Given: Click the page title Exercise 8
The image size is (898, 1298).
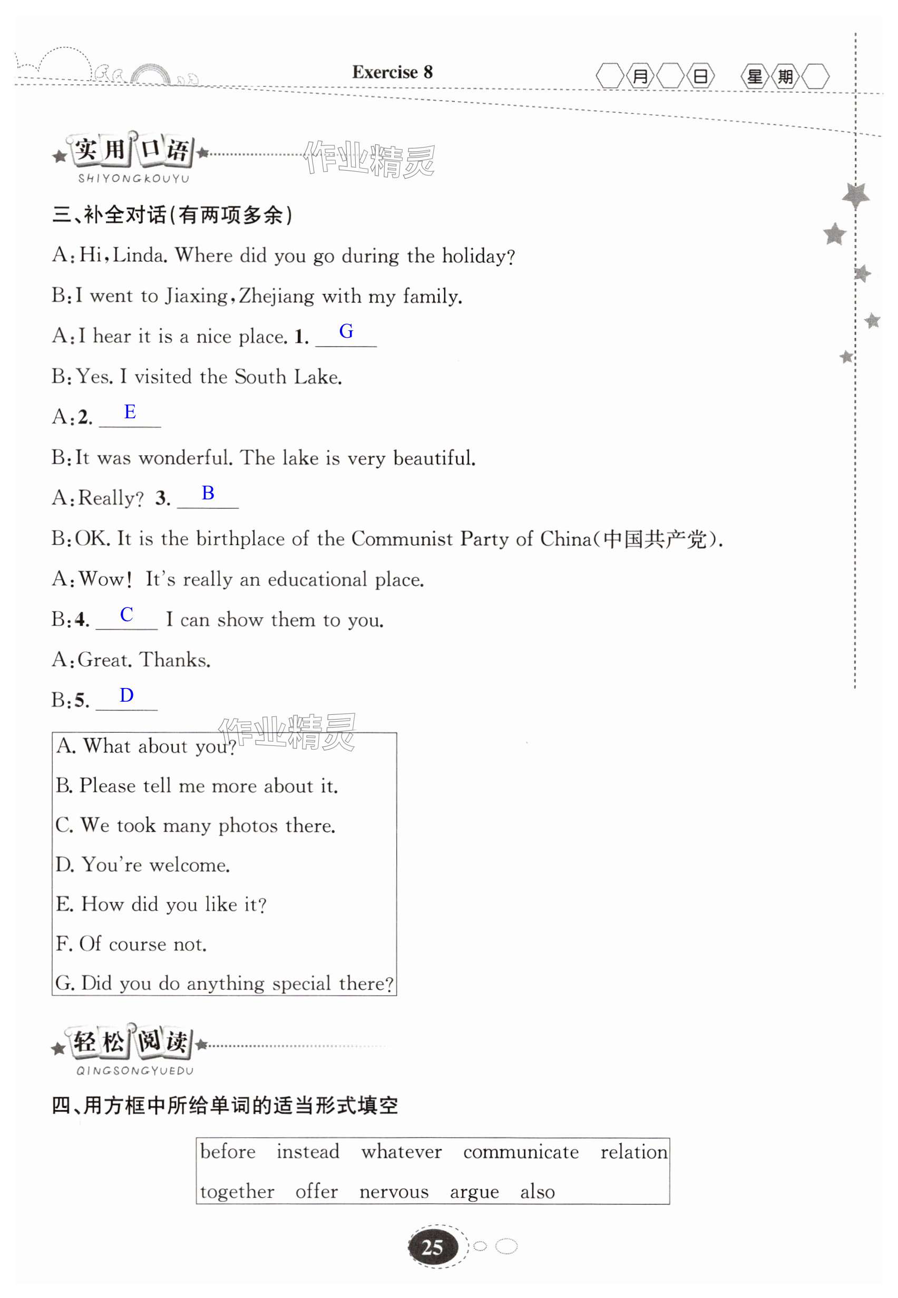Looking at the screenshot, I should [x=392, y=72].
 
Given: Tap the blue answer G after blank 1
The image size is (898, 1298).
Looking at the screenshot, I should [x=346, y=331].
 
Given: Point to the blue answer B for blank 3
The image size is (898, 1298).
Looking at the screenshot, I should [x=208, y=493].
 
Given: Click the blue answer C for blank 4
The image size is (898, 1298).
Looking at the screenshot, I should [x=126, y=614].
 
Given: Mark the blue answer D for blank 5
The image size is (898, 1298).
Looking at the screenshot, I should [x=126, y=695].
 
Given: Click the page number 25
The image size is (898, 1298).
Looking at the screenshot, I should [x=432, y=1247].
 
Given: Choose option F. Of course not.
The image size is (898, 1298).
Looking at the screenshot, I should [x=131, y=943].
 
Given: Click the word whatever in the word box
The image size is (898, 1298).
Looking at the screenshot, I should [x=401, y=1152].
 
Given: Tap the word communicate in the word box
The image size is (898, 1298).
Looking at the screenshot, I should [x=521, y=1152].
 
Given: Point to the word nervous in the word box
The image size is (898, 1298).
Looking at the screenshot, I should [x=394, y=1191].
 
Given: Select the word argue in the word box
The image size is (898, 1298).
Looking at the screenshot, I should [x=474, y=1192].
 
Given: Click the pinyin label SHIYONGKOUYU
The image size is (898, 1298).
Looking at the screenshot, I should [x=134, y=179].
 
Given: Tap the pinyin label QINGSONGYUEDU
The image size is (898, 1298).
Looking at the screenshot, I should [x=135, y=1071].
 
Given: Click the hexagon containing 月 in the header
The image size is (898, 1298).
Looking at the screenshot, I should [x=640, y=76].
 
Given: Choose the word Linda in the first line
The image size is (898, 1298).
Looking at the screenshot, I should [x=139, y=255].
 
